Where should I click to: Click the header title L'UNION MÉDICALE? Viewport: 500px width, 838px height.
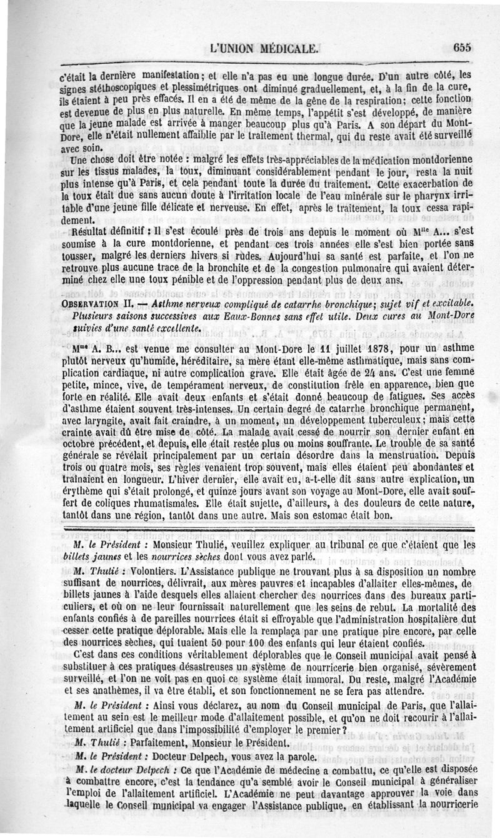[267, 46]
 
